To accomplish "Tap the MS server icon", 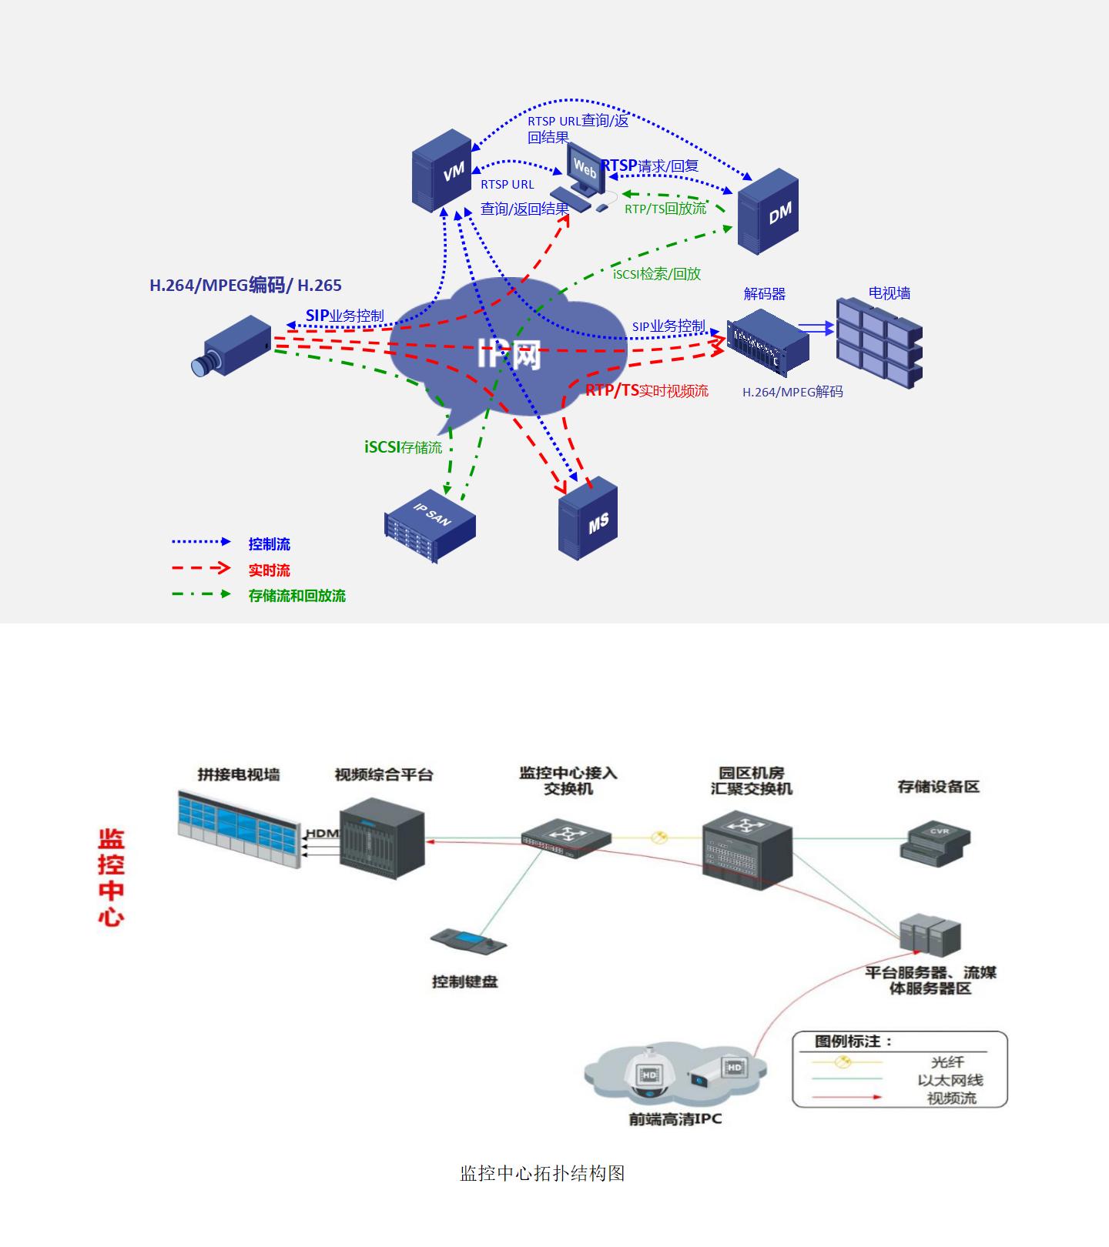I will (588, 518).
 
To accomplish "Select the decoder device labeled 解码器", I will (768, 343).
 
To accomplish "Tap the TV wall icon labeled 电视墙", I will (879, 342).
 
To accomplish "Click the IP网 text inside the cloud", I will (509, 355).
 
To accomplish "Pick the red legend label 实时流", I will (269, 570).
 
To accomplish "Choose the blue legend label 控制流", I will (269, 544).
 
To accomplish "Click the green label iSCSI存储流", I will (403, 447).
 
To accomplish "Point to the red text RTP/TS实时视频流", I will (646, 391).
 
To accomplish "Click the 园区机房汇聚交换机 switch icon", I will (747, 851).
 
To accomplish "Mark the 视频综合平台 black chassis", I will (383, 838).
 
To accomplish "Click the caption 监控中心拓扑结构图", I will (542, 1173).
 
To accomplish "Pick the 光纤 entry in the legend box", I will (947, 1062).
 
